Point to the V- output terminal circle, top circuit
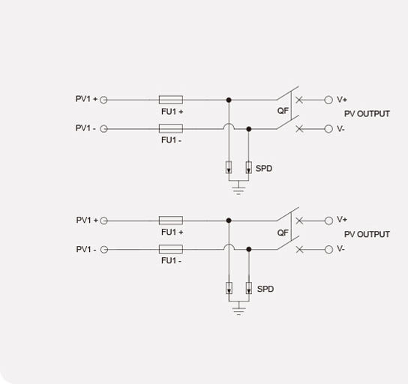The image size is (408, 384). click(328, 129)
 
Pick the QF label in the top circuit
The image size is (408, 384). click(283, 111)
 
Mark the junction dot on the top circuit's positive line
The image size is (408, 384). click(229, 100)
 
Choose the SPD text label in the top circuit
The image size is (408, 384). click(264, 168)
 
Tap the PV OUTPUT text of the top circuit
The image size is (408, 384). click(367, 114)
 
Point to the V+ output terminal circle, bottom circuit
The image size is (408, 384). click(329, 220)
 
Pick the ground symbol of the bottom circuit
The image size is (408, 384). click(238, 310)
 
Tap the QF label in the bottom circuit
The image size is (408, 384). click(283, 232)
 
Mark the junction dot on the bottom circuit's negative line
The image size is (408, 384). click(249, 249)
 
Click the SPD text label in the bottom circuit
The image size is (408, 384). click(265, 289)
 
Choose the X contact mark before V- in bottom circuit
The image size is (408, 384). click(299, 250)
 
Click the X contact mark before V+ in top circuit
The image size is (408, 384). click(299, 100)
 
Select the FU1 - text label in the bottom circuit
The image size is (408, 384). click(171, 260)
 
